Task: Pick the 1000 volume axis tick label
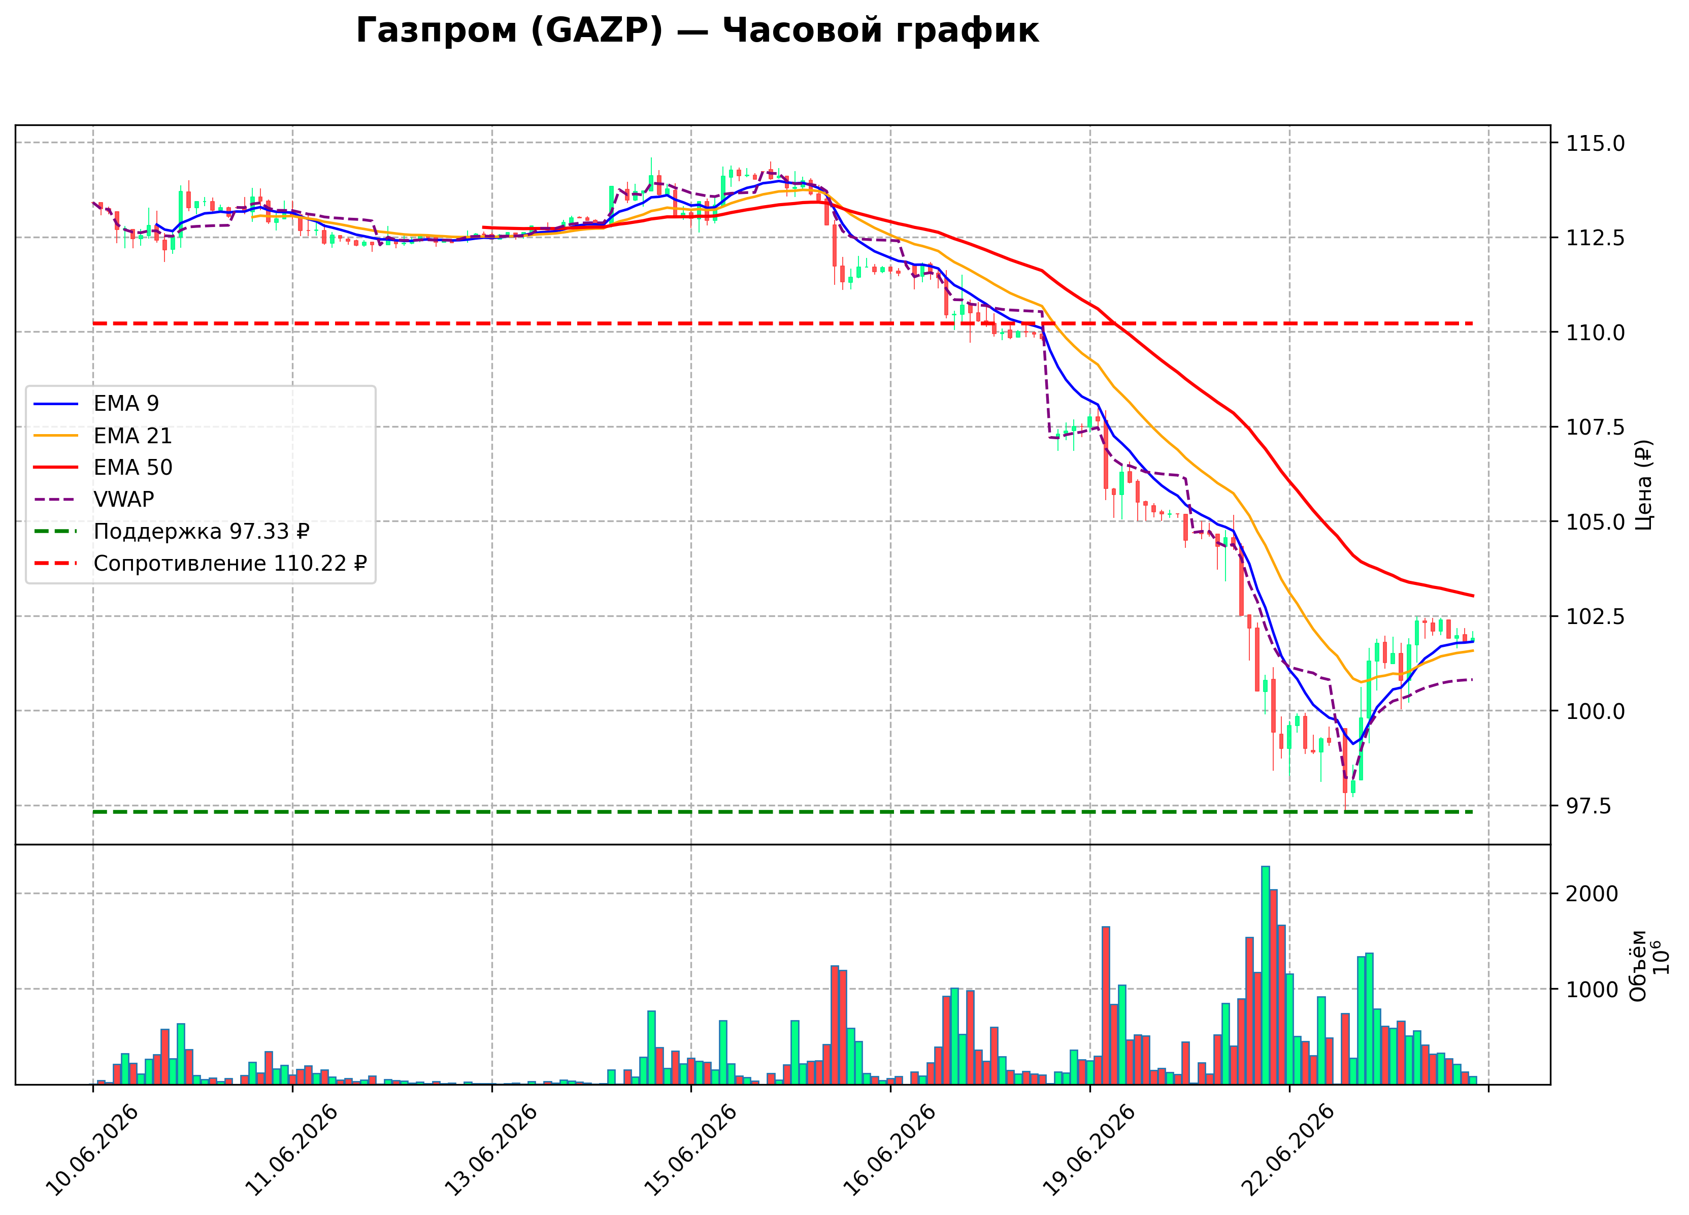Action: pyautogui.click(x=1592, y=989)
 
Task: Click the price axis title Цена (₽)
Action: pyautogui.click(x=1644, y=485)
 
